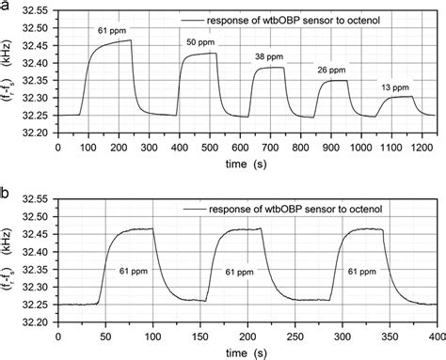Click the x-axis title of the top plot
pyautogui.click(x=243, y=164)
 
